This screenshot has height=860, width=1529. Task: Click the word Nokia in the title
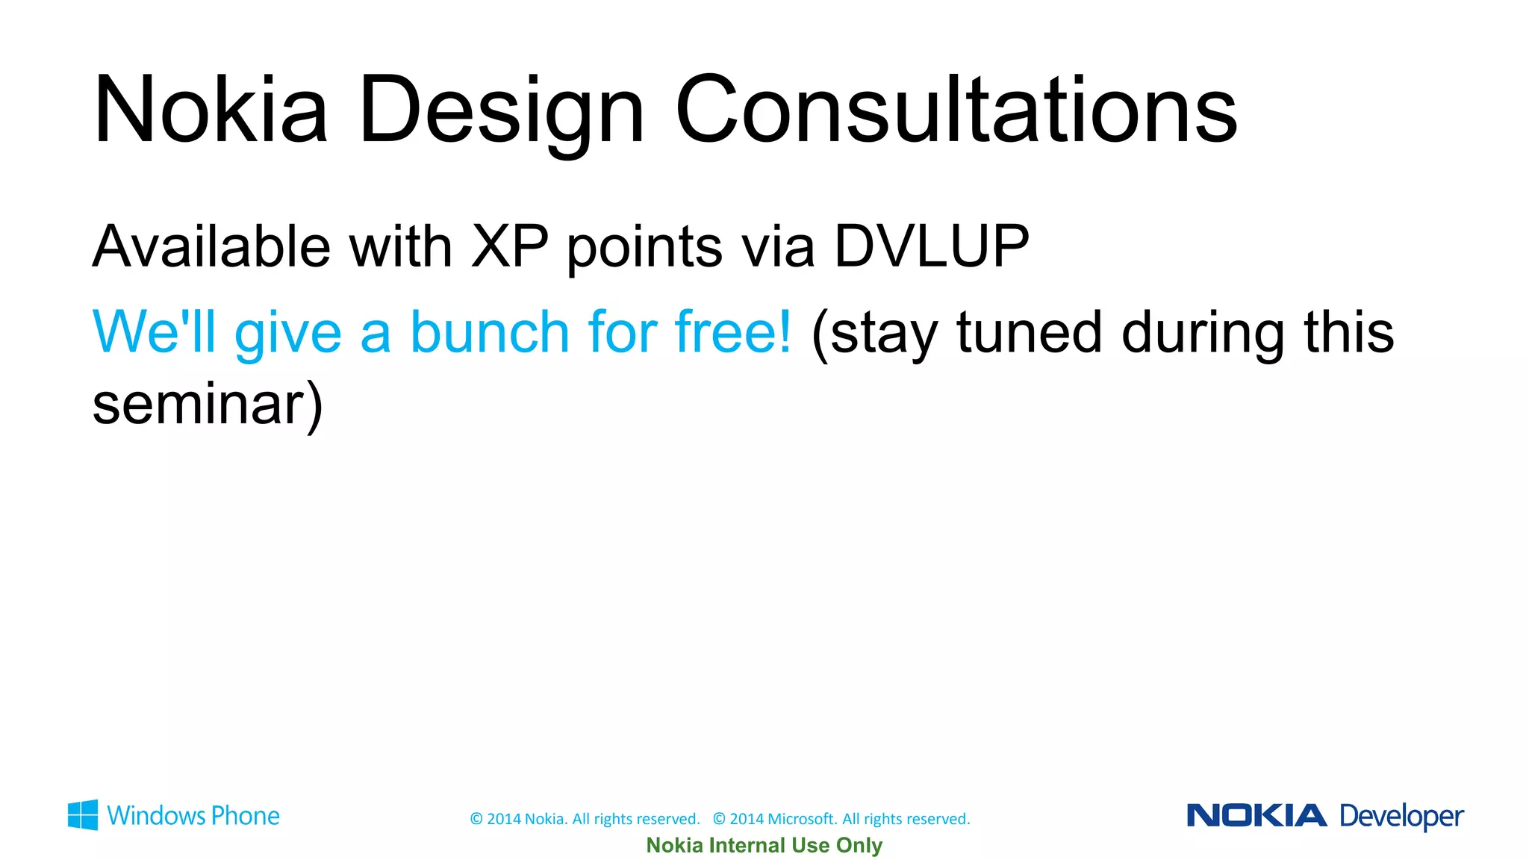tap(211, 110)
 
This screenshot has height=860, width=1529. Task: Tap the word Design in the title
tap(501, 112)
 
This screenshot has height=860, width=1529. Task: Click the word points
tap(644, 250)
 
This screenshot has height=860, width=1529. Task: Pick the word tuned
tap(1029, 333)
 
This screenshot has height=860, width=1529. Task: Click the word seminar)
tap(208, 405)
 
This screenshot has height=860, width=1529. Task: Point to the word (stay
tap(874, 334)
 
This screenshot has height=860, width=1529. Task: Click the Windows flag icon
tap(82, 815)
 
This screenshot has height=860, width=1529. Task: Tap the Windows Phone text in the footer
tap(193, 816)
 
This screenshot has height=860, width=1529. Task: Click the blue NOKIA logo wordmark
tap(1256, 815)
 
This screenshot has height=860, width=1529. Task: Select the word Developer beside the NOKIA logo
tap(1401, 817)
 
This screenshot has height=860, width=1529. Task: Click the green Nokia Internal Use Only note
tap(764, 845)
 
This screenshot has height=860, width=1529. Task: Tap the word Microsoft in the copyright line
tap(801, 819)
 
